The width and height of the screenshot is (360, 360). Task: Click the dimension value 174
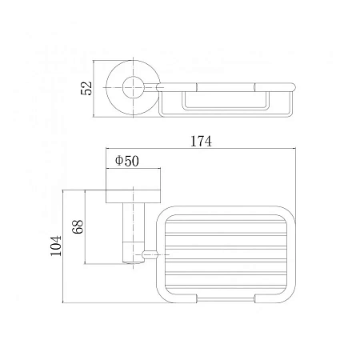point(201,142)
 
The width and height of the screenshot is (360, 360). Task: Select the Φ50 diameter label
point(127,161)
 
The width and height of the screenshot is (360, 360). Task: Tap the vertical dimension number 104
point(56,246)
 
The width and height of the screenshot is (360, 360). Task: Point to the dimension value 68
point(78,227)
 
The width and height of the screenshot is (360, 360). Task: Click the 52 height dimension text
point(86,88)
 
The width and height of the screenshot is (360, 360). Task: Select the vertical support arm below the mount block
point(134,233)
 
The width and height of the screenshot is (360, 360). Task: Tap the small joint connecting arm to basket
point(150,254)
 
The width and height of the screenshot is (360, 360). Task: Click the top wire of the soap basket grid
point(226,222)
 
